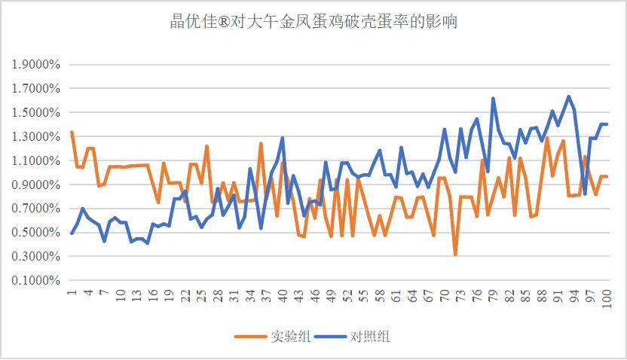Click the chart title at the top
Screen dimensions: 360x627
pyautogui.click(x=313, y=22)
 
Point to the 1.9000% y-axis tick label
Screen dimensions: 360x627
pyautogui.click(x=35, y=64)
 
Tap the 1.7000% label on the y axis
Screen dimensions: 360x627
pyautogui.click(x=35, y=88)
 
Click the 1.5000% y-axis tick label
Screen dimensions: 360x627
pyautogui.click(x=35, y=112)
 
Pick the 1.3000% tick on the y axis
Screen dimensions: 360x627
pyautogui.click(x=35, y=136)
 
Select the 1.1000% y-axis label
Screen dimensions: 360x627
pyautogui.click(x=35, y=160)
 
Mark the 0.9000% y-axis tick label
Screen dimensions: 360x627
pyautogui.click(x=35, y=185)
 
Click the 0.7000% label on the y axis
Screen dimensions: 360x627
pyautogui.click(x=35, y=209)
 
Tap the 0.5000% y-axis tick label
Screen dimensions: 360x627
pyautogui.click(x=35, y=233)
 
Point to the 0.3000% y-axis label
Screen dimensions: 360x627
pyautogui.click(x=35, y=257)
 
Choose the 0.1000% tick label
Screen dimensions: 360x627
pyautogui.click(x=35, y=281)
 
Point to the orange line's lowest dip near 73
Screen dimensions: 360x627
pyautogui.click(x=455, y=255)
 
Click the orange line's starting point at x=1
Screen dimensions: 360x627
pyautogui.click(x=72, y=132)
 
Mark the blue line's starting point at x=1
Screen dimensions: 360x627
pyautogui.click(x=72, y=233)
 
